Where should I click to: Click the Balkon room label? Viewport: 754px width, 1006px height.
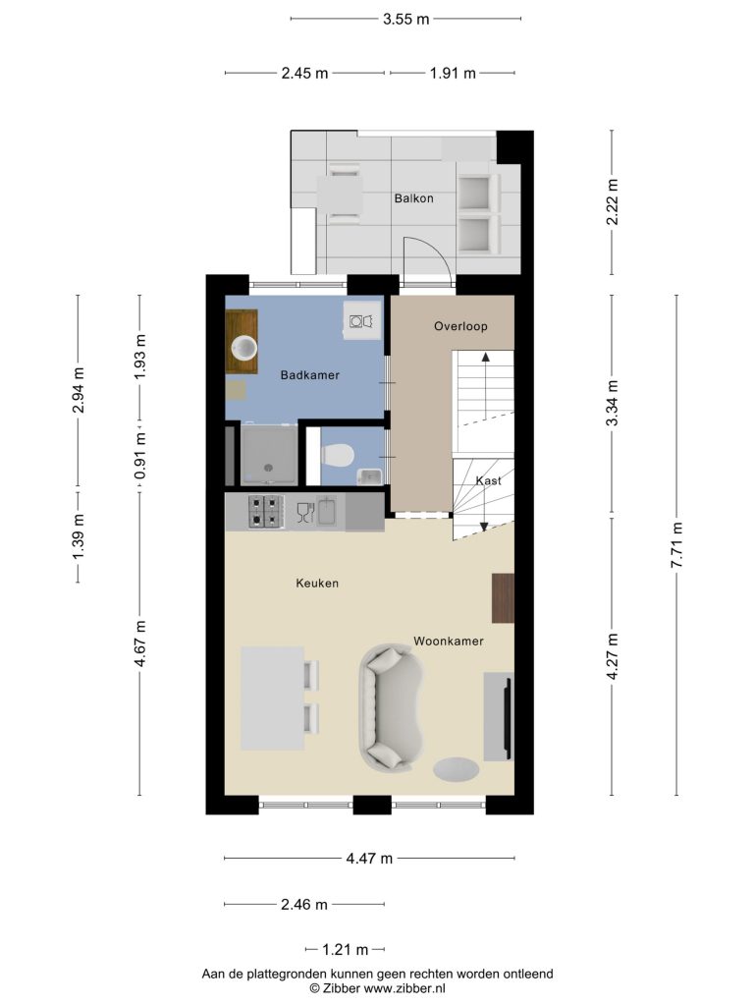(x=413, y=198)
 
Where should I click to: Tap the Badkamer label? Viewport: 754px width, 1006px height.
(x=309, y=375)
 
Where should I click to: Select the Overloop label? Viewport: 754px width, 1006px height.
(x=460, y=326)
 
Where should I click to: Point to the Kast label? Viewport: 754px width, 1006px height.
(x=488, y=480)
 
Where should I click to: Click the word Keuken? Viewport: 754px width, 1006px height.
(x=317, y=584)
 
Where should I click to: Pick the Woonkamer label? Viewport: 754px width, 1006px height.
(x=448, y=641)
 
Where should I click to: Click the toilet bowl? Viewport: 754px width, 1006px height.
(x=338, y=456)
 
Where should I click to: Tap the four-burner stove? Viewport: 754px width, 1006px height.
(x=266, y=511)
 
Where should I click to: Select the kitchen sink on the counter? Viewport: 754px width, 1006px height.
(x=327, y=511)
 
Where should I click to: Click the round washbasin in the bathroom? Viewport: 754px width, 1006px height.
(x=244, y=349)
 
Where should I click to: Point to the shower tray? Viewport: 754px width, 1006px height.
(x=269, y=455)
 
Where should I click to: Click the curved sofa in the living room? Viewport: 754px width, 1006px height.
(x=392, y=705)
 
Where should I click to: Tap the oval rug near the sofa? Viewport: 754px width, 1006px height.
(x=456, y=769)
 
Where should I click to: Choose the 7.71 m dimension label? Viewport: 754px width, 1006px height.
(x=676, y=544)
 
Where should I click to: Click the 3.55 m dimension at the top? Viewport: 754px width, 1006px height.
(x=405, y=20)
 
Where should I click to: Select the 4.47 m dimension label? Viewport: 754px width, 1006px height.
(x=369, y=859)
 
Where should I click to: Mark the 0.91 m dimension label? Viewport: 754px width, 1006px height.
(x=139, y=455)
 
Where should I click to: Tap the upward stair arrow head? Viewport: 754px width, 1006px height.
(x=485, y=356)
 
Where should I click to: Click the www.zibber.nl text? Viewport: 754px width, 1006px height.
(x=404, y=988)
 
